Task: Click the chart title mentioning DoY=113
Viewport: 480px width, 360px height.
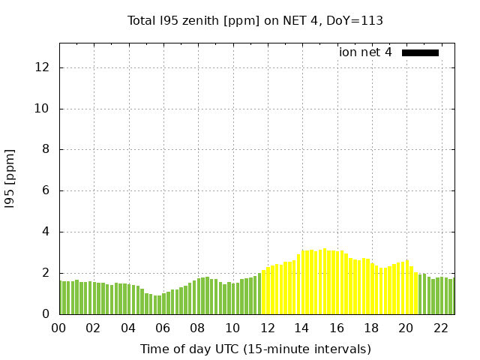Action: point(255,21)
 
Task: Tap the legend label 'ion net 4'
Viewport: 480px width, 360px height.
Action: point(365,52)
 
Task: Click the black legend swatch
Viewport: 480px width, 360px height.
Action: point(420,52)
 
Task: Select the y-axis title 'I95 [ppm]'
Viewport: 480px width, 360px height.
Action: point(10,178)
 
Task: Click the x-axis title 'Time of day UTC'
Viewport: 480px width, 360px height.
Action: point(255,349)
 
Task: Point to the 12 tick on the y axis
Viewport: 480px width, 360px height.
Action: point(43,67)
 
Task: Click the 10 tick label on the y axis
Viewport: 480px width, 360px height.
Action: point(43,109)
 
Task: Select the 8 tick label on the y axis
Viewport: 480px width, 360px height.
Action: point(46,149)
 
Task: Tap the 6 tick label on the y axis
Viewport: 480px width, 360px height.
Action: point(46,190)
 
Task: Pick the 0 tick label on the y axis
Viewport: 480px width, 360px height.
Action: point(46,313)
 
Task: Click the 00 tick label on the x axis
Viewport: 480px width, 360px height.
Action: point(59,328)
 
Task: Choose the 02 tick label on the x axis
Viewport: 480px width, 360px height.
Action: point(94,328)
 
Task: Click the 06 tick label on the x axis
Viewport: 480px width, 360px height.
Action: point(163,328)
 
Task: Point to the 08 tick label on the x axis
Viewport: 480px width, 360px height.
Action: point(198,328)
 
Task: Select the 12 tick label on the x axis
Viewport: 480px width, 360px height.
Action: point(267,328)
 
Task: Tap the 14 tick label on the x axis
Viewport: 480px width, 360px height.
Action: point(301,328)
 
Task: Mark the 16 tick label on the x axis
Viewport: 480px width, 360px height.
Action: point(337,328)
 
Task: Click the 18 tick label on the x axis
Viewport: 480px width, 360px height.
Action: point(371,328)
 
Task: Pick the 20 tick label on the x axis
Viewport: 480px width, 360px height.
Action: point(406,328)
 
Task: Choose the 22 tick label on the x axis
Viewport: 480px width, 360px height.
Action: point(440,328)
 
